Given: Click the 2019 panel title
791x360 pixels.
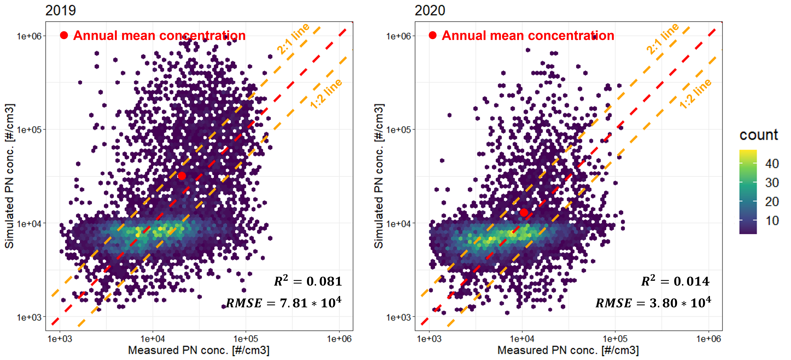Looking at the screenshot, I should (x=60, y=11).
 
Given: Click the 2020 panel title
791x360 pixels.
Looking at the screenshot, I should (x=430, y=11).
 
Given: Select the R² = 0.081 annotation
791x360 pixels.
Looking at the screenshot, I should (x=308, y=281).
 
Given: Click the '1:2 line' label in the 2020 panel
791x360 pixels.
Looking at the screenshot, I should (x=695, y=94).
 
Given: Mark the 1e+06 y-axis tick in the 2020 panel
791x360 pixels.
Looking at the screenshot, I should (x=398, y=36).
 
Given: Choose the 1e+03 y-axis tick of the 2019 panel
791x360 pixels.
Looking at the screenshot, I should (x=29, y=317).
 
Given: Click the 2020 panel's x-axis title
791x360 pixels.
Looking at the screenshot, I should (x=568, y=350).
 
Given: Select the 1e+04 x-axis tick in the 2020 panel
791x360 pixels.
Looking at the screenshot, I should (x=522, y=339).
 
